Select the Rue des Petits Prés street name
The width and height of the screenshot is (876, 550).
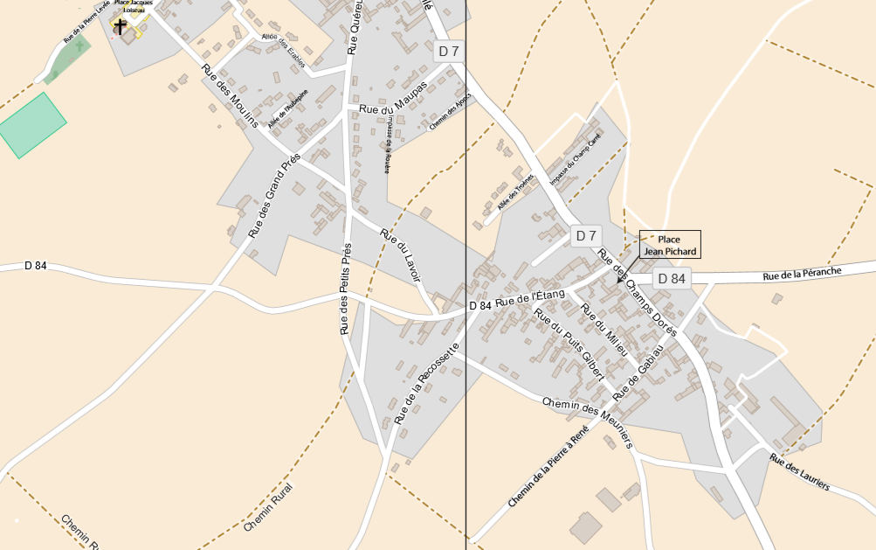[x=345, y=289]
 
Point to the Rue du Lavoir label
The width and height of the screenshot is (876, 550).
[x=400, y=254]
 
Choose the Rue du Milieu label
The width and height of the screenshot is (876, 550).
[x=604, y=329]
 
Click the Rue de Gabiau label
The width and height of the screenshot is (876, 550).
[x=638, y=372]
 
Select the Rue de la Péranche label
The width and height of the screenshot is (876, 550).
[x=802, y=274]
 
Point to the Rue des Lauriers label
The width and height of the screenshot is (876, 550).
[x=800, y=472]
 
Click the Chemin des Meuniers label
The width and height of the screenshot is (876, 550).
[x=587, y=424]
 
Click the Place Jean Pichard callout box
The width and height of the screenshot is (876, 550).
[x=670, y=245]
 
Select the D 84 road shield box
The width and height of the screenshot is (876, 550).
[x=672, y=279]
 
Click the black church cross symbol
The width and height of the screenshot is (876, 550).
[x=121, y=27]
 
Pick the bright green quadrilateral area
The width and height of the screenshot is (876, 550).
[x=31, y=125]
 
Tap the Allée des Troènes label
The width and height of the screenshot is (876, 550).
[x=515, y=191]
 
